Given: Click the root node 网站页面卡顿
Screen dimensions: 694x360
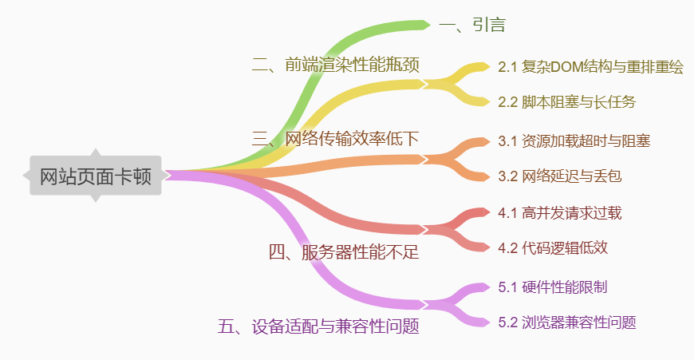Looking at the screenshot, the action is tap(95, 176).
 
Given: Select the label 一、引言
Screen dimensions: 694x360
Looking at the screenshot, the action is tap(471, 25).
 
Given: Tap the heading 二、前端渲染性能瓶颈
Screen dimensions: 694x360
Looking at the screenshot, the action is tap(336, 65).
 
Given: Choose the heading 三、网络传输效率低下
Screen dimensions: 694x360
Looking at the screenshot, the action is tap(336, 138).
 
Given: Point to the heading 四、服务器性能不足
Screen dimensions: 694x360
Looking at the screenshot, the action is tap(344, 253).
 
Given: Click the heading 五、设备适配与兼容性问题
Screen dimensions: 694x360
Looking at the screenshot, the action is tap(318, 326).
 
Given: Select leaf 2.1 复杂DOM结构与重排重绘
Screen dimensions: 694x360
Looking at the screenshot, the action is tap(590, 68).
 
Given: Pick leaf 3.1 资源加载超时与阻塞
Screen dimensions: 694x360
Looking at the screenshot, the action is tap(574, 141).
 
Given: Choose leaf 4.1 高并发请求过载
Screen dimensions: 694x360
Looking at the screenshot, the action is tap(559, 213).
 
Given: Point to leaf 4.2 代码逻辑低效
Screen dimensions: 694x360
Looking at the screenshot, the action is tap(553, 247).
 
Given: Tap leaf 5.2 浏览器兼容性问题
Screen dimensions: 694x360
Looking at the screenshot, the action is tap(566, 322).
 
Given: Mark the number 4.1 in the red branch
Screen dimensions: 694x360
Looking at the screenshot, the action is tap(508, 213).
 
